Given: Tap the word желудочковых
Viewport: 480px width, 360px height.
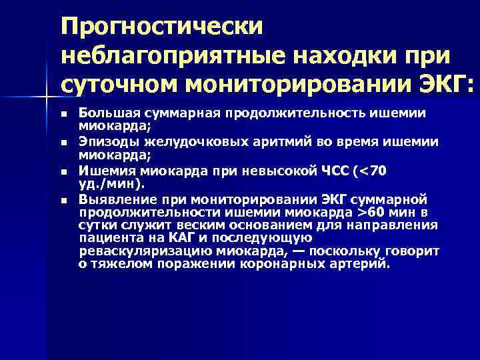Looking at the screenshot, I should (x=182, y=141).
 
